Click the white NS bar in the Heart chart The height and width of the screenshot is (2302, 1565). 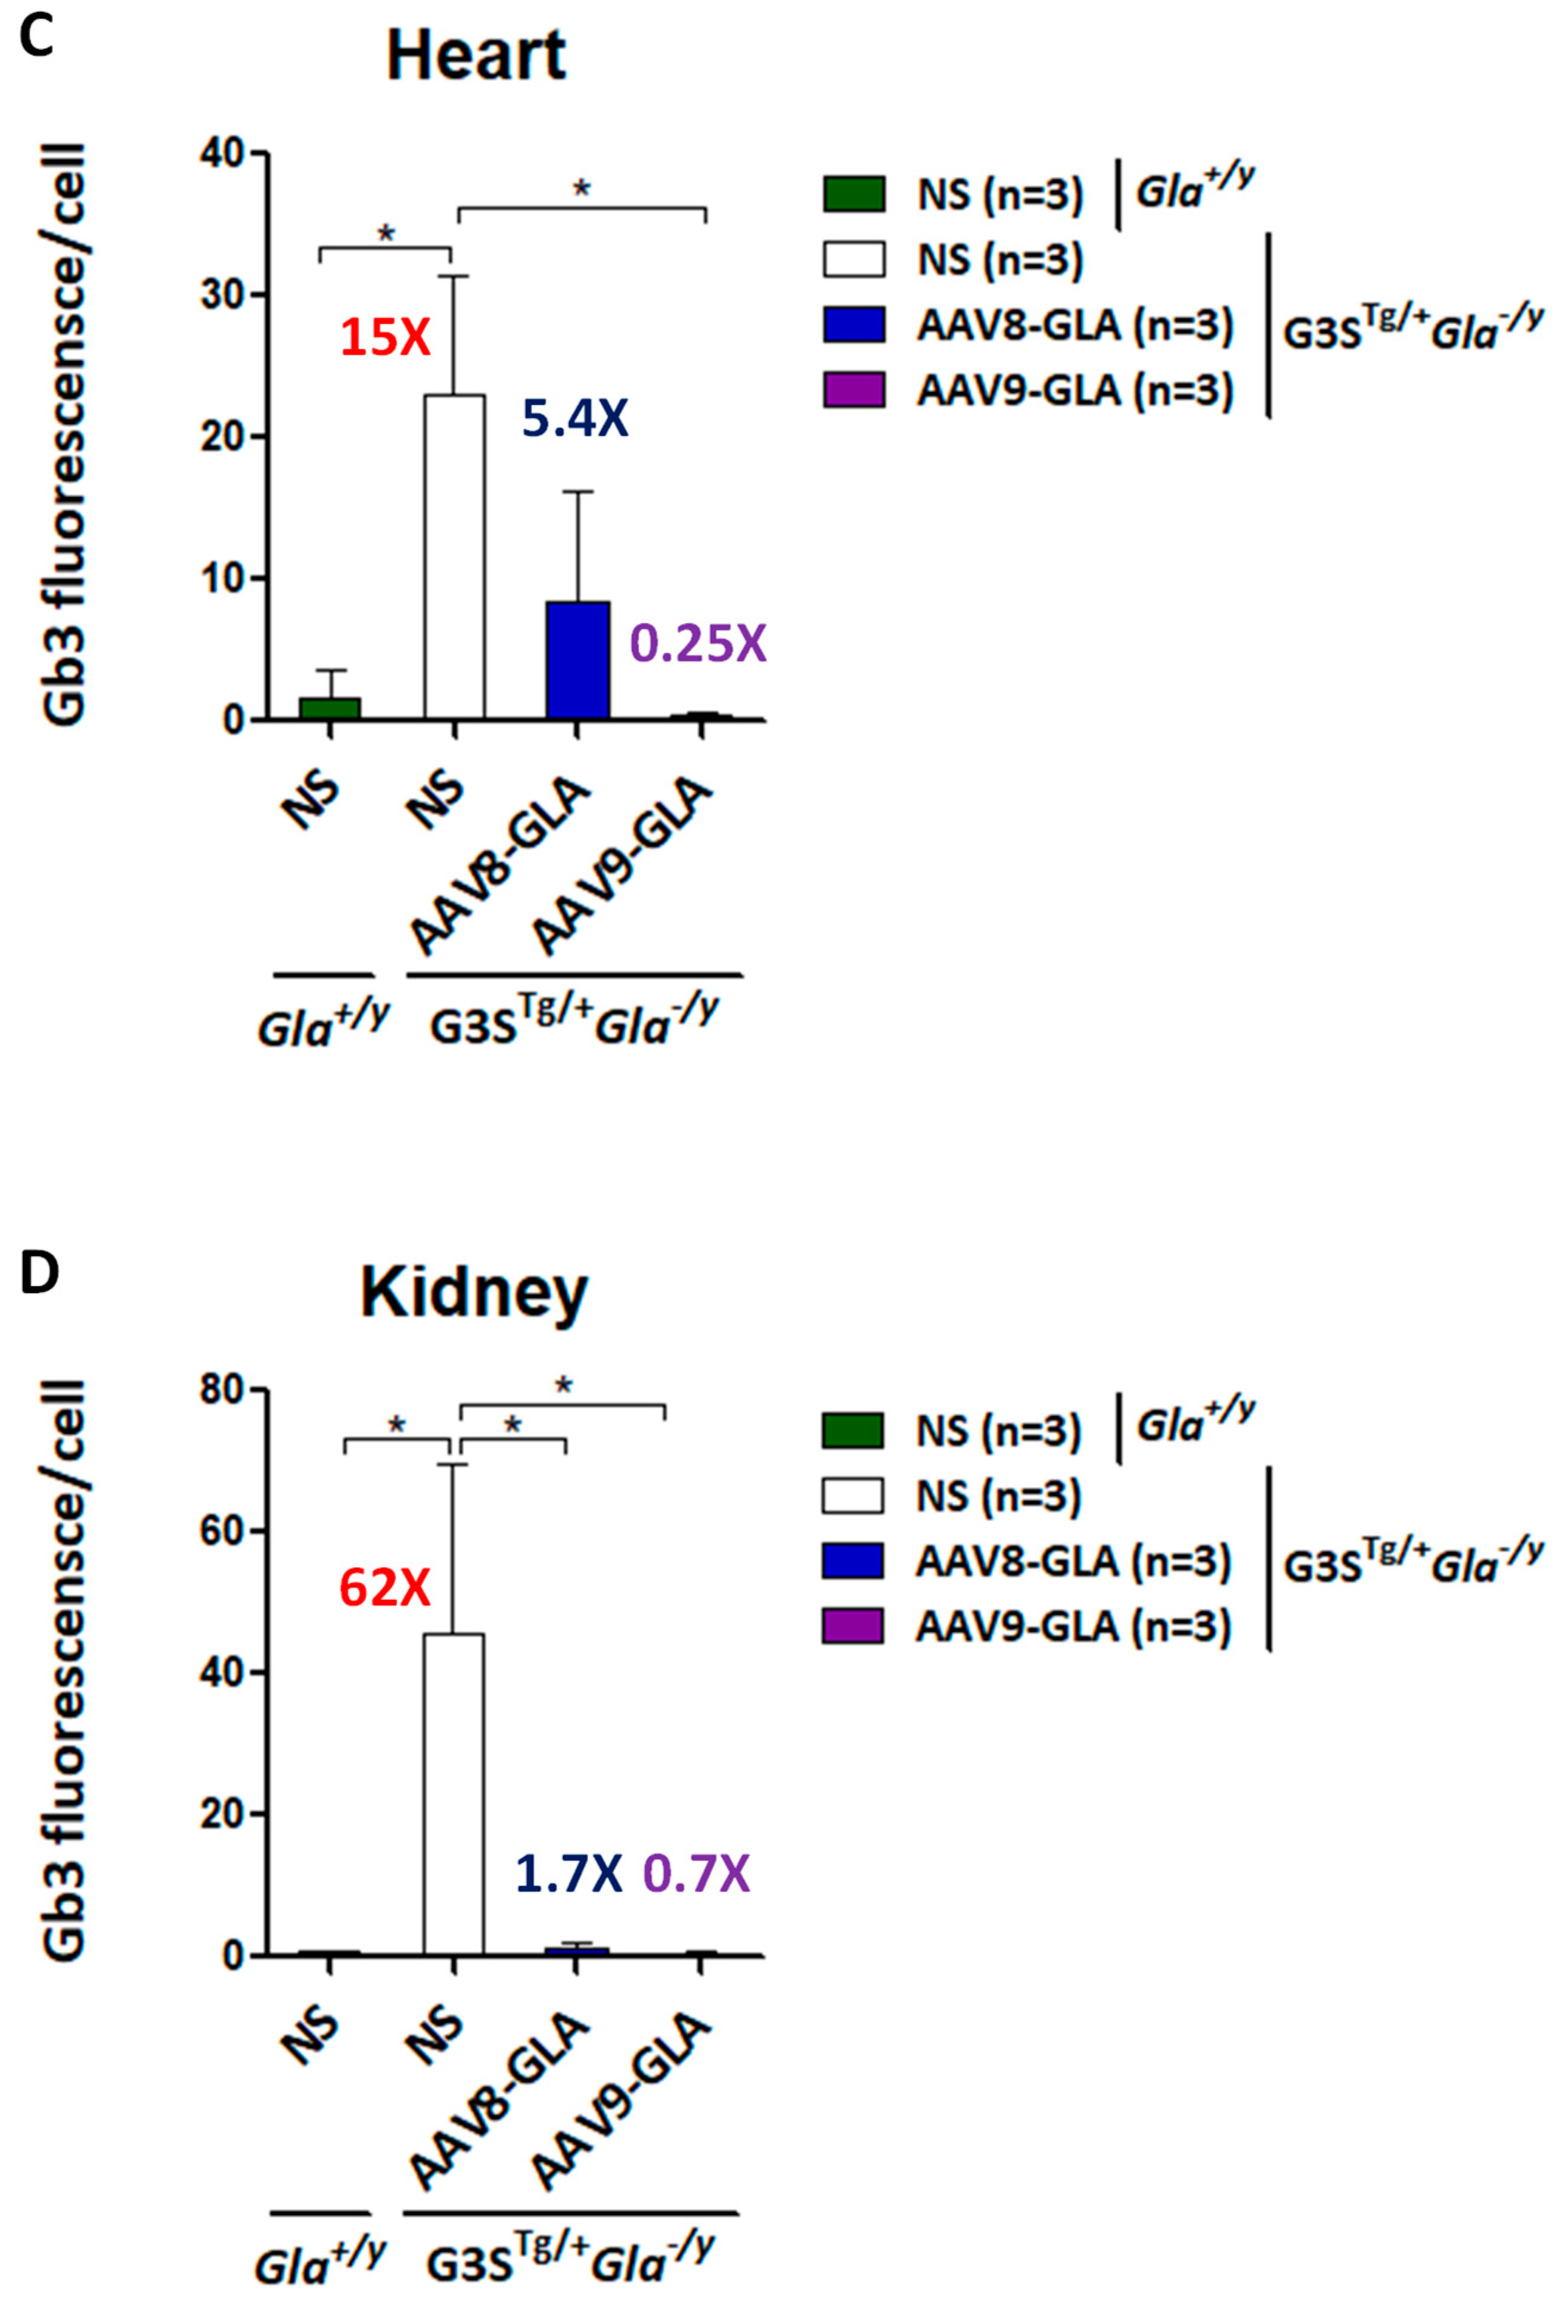(x=454, y=557)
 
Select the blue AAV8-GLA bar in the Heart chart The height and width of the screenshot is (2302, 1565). (x=577, y=660)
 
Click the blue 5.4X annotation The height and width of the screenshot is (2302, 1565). (x=575, y=420)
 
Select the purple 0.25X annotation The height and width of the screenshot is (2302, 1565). (x=698, y=645)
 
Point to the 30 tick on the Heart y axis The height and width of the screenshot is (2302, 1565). (x=224, y=295)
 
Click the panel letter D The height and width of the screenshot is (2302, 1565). (x=39, y=1275)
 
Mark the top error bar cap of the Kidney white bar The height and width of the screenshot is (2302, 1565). (x=454, y=1464)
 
